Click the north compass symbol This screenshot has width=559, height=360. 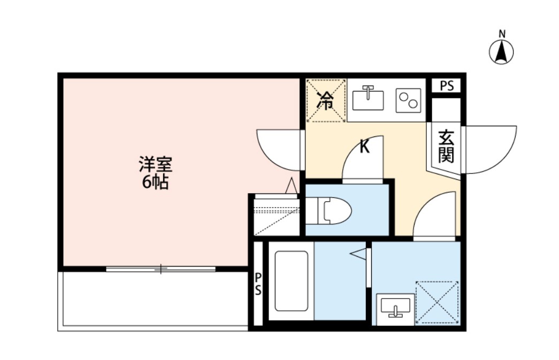click(502, 52)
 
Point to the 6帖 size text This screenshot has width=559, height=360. click(155, 182)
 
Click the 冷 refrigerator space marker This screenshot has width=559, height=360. click(325, 101)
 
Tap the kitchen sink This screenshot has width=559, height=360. click(368, 100)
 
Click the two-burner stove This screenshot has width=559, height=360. click(409, 100)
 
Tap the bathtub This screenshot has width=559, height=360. click(291, 281)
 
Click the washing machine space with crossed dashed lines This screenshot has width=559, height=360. click(437, 302)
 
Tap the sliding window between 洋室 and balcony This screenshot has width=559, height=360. click(160, 269)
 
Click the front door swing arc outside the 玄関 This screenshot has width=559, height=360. click(489, 150)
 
